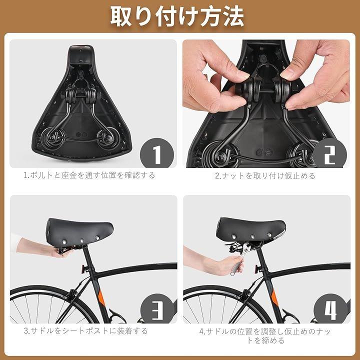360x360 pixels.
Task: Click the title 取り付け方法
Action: click(x=177, y=17)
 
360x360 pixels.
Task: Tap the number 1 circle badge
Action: click(x=157, y=154)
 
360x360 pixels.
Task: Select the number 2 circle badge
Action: click(x=330, y=154)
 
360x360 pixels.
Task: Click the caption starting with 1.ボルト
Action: click(x=89, y=175)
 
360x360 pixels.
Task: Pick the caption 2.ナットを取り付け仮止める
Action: click(x=265, y=176)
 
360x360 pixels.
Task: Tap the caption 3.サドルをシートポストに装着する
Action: click(x=85, y=331)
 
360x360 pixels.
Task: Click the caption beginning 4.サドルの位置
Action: click(x=265, y=335)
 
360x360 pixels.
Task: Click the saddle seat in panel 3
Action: click(x=79, y=231)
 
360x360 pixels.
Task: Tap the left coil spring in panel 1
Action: click(x=53, y=138)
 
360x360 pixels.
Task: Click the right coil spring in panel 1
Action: click(x=105, y=138)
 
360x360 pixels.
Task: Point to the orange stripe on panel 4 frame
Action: click(x=274, y=297)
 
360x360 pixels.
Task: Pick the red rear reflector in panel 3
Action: click(x=83, y=268)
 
